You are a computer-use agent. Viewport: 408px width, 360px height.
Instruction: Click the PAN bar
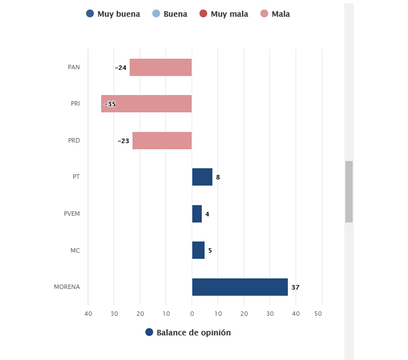161,68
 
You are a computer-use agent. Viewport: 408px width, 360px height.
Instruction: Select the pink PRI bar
146,104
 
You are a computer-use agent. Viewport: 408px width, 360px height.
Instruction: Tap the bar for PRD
162,140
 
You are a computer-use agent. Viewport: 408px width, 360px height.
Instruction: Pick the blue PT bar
202,177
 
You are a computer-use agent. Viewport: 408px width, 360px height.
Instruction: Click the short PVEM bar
197,214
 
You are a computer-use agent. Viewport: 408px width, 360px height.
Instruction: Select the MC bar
198,250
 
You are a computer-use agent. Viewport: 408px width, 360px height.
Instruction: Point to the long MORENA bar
240,287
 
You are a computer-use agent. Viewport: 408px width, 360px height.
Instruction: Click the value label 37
296,287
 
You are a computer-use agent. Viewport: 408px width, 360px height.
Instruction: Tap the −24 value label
121,68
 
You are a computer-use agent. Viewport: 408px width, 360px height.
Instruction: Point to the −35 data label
110,104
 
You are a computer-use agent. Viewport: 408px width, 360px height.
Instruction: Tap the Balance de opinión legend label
193,333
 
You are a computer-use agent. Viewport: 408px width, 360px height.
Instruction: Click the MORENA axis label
67,287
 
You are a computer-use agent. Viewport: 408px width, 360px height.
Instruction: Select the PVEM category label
72,214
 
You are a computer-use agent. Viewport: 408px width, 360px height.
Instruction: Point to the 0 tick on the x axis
192,314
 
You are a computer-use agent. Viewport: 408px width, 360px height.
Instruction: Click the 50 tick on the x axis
319,314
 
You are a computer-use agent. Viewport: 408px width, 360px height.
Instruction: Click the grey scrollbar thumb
349,192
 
